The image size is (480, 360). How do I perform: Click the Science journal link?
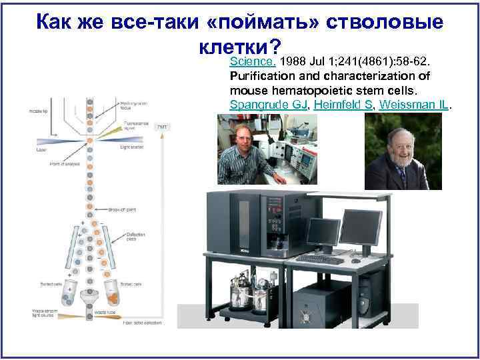click(252, 62)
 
